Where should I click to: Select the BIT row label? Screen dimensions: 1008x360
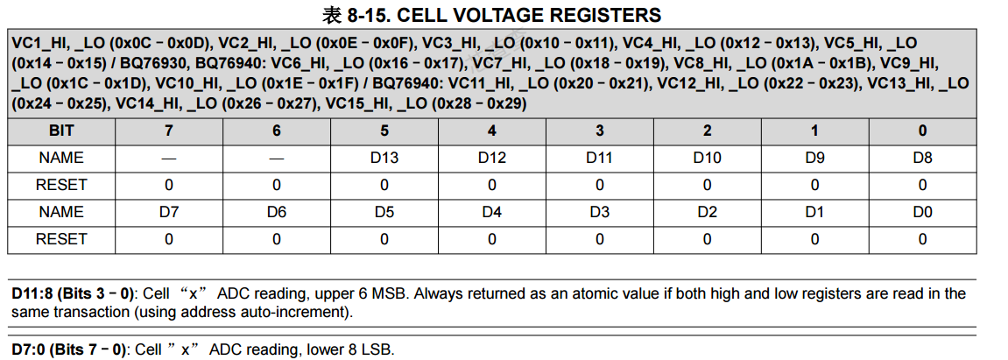pos(61,131)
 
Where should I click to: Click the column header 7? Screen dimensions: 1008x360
pos(168,131)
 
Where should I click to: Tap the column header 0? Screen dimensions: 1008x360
pos(922,131)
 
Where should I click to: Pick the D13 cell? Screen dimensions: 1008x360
pos(384,159)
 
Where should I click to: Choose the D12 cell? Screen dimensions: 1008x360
pos(492,159)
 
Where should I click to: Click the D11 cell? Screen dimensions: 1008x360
pos(599,159)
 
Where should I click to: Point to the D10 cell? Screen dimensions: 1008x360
pos(707,159)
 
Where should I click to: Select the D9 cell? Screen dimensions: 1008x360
pos(814,159)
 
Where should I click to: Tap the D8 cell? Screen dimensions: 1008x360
pos(922,159)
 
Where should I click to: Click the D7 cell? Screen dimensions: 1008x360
pos(168,212)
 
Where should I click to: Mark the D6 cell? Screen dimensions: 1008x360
pos(277,212)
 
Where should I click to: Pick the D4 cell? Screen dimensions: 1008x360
pos(492,212)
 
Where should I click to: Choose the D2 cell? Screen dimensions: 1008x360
pos(707,212)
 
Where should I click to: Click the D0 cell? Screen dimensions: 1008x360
pos(922,212)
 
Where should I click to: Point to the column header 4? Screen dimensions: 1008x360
pos(492,131)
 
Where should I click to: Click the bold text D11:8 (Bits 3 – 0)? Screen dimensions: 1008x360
pos(74,293)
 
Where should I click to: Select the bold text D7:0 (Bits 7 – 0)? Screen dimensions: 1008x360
pos(69,349)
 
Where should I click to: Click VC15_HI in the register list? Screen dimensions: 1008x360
pos(356,103)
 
